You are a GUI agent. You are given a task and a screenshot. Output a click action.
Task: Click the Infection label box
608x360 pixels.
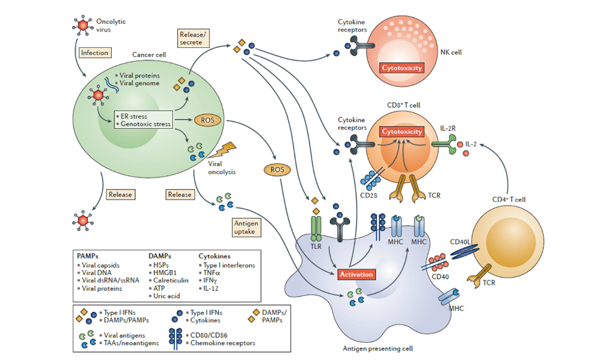95,53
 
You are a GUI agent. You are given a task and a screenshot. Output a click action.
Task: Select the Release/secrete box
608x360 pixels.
191,38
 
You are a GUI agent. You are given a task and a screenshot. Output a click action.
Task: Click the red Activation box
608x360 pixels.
356,274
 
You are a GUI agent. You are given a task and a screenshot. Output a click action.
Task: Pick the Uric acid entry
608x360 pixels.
167,296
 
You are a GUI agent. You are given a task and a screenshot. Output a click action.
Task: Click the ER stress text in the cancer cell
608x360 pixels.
137,115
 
